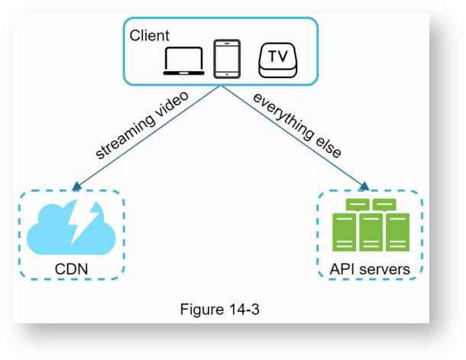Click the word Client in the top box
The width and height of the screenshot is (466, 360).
point(150,36)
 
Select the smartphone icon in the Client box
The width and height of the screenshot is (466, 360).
point(227,59)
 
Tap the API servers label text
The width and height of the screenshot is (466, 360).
point(370,269)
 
